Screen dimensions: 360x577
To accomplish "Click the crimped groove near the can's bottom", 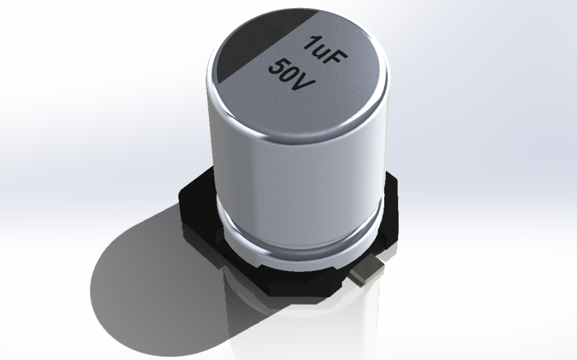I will coord(301,243).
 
